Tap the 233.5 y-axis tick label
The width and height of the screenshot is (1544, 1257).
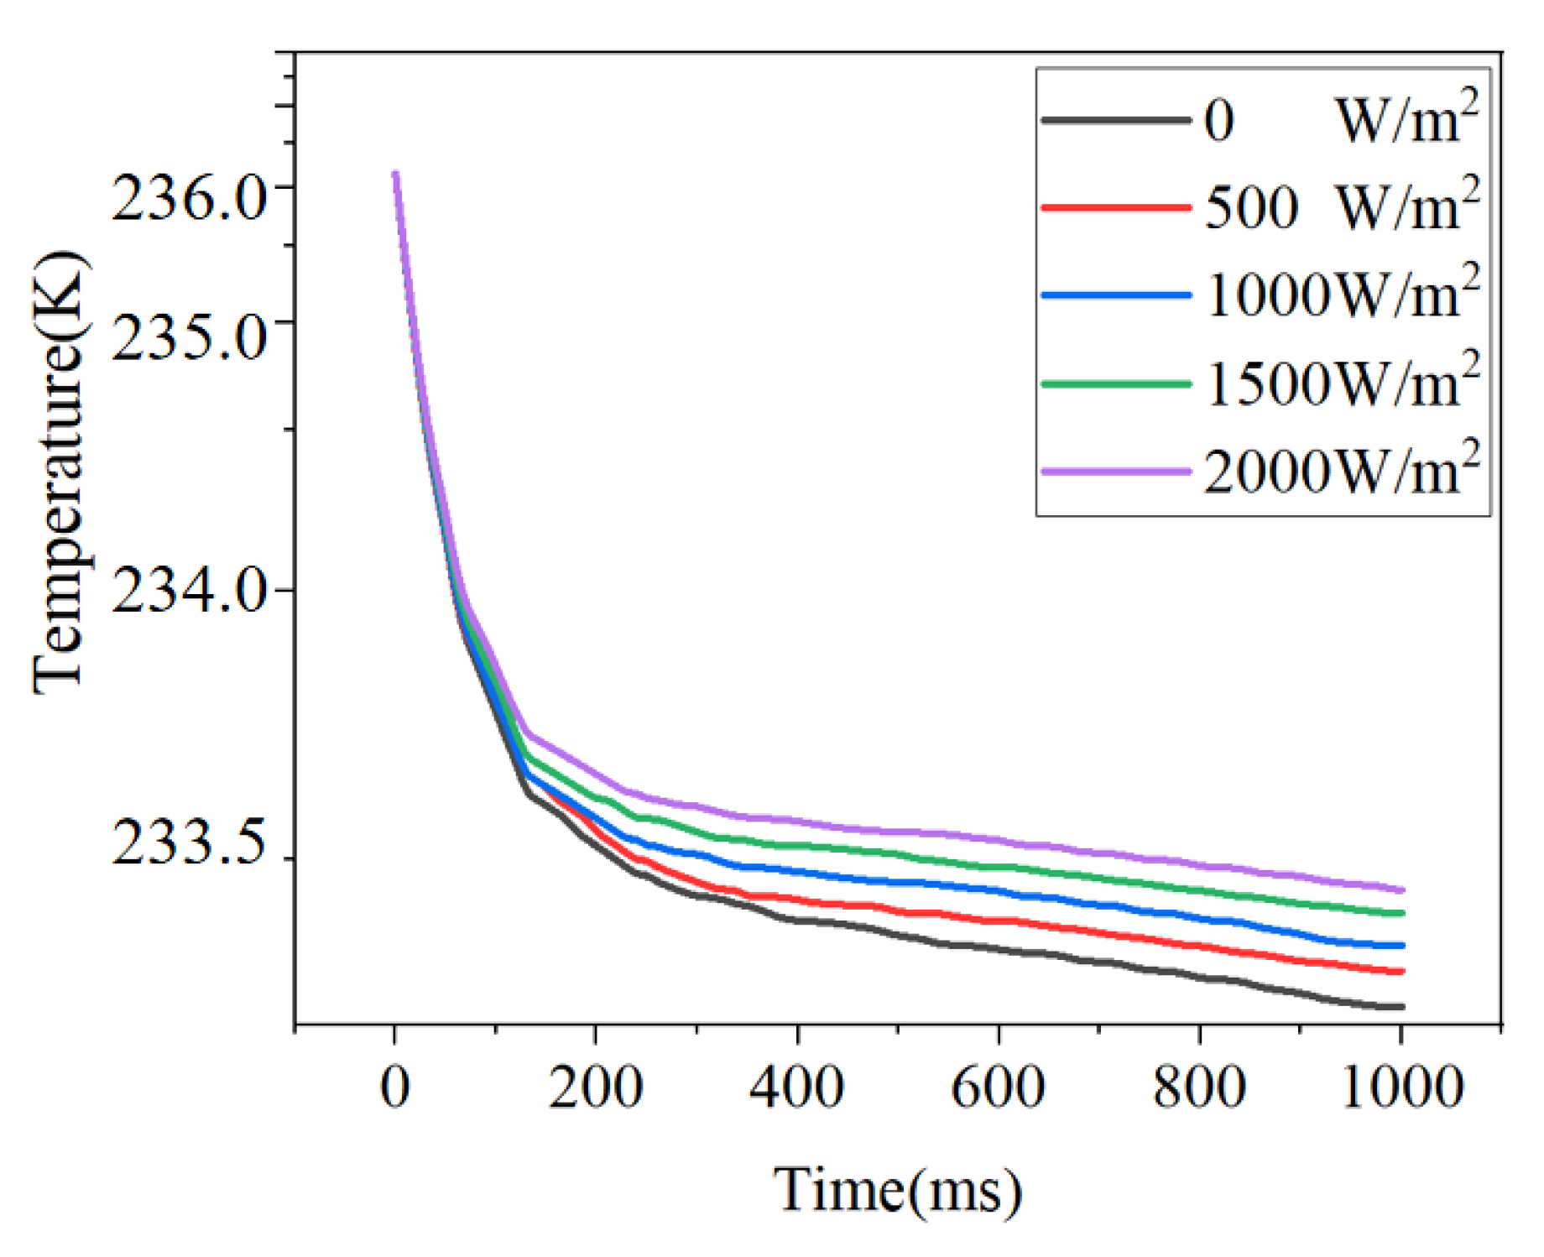[189, 842]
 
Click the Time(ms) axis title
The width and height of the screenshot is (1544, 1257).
[897, 1190]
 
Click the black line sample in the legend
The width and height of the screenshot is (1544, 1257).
[1115, 120]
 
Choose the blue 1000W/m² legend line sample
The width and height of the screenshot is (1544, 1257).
[1115, 295]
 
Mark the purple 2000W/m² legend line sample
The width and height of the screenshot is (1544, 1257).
[1115, 471]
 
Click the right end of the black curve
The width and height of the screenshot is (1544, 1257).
[1401, 1006]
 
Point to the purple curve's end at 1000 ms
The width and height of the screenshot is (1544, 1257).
[1401, 889]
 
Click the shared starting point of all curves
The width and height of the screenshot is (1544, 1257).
[395, 175]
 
